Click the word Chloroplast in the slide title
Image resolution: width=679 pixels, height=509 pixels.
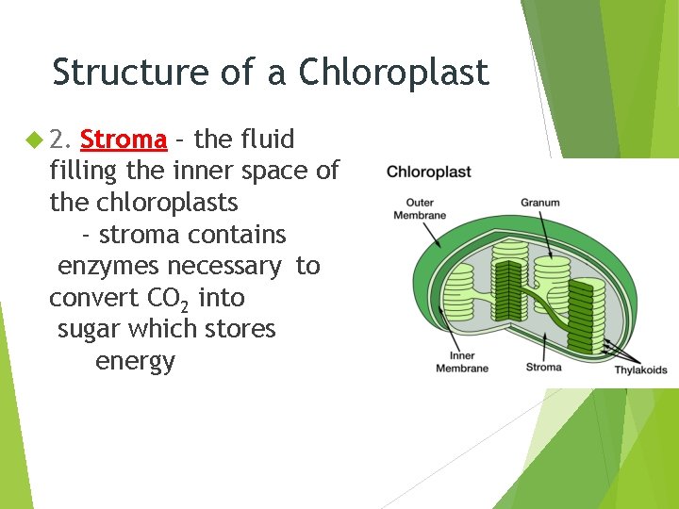[x=394, y=73]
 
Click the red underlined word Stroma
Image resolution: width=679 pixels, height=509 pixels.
[x=124, y=140]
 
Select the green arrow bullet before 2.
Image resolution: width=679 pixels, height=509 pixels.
[x=34, y=140]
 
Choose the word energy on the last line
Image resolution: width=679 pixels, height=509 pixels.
[x=135, y=362]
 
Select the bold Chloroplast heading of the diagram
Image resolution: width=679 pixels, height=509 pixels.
[x=428, y=172]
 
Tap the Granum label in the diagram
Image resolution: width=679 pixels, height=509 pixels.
[x=539, y=202]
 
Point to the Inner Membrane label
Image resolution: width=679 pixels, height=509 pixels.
[x=462, y=362]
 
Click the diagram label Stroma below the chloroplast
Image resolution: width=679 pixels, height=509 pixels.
[x=543, y=367]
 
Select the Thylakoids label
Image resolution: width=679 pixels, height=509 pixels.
[x=640, y=369]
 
